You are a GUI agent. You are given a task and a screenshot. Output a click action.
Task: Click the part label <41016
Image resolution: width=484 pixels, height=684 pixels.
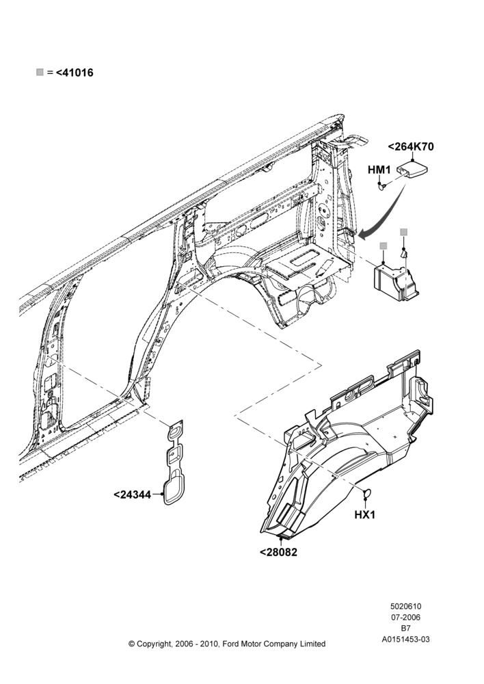75,73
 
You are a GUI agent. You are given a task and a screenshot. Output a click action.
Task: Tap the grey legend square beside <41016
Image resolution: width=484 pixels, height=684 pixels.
40,72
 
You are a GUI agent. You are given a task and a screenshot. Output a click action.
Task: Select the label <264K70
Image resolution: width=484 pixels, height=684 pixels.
411,146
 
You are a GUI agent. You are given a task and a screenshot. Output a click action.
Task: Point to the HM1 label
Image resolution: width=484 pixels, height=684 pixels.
379,169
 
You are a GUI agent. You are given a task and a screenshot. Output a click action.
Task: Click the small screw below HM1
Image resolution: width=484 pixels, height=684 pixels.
382,187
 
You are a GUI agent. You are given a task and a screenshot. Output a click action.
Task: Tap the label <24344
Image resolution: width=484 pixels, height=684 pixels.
132,495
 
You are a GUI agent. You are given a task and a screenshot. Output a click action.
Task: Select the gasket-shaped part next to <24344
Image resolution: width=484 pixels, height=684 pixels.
174,463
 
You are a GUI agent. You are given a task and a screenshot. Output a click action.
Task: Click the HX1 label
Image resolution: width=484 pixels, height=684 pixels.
364,515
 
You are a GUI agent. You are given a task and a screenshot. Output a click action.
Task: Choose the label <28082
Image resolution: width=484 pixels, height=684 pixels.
279,552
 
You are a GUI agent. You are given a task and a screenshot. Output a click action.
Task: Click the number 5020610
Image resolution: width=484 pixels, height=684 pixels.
405,606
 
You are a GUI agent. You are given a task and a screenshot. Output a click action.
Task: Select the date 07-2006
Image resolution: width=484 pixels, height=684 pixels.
405,617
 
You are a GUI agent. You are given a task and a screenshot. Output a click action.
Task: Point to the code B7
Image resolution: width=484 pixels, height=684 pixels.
405,628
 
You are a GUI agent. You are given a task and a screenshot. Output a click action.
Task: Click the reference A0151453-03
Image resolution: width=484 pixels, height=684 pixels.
405,640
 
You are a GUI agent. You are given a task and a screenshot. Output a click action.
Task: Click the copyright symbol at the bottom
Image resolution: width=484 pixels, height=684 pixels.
131,644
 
